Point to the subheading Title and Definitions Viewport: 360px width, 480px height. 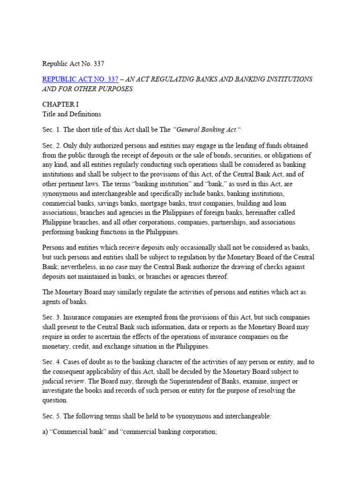coord(72,114)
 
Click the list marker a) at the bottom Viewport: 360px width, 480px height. coord(45,432)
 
